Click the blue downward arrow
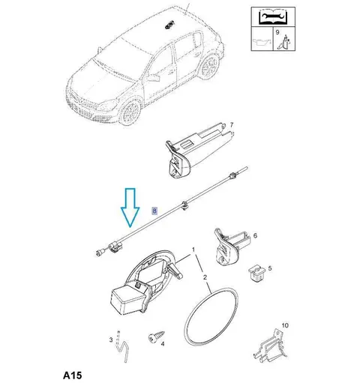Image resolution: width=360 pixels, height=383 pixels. click(130, 208)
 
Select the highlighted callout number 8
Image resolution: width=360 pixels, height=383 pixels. click(154, 211)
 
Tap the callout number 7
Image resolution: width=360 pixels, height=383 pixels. click(232, 124)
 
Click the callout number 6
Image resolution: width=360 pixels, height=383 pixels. click(255, 235)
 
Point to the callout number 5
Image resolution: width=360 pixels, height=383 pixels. click(270, 268)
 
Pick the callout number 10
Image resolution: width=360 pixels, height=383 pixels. click(285, 325)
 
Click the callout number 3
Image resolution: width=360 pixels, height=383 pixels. click(111, 340)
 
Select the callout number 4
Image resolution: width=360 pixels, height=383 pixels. click(163, 344)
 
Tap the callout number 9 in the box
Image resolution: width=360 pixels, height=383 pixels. click(277, 32)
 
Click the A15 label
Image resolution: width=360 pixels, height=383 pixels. click(72, 376)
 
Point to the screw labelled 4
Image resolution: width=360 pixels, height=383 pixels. click(157, 337)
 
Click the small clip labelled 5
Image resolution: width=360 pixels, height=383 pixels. click(257, 273)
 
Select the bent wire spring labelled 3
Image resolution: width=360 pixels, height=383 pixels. click(122, 346)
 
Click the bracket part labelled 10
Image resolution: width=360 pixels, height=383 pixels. click(271, 346)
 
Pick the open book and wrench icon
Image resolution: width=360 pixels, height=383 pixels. click(273, 17)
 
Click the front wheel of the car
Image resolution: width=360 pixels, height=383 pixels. click(130, 112)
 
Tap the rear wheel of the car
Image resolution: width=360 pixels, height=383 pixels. click(208, 67)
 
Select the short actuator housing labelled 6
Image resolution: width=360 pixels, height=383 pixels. click(231, 247)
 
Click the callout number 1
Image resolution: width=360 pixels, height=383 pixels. click(193, 250)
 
